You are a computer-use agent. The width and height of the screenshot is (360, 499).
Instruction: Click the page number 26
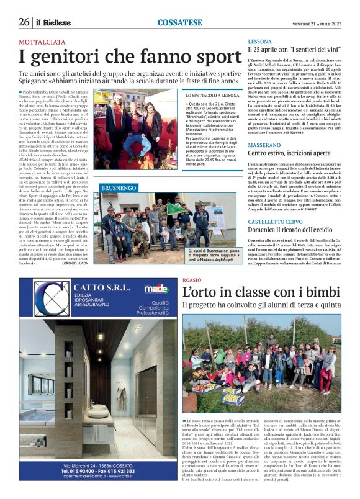coord(24,22)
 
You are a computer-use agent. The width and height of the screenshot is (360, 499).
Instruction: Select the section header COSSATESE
coord(180,22)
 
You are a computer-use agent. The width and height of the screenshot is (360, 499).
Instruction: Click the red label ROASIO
coord(192,281)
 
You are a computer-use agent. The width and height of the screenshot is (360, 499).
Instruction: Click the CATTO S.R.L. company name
coord(99,287)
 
